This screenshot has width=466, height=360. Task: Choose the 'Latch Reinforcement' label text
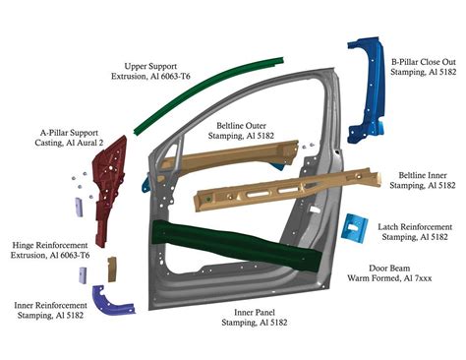415,226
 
